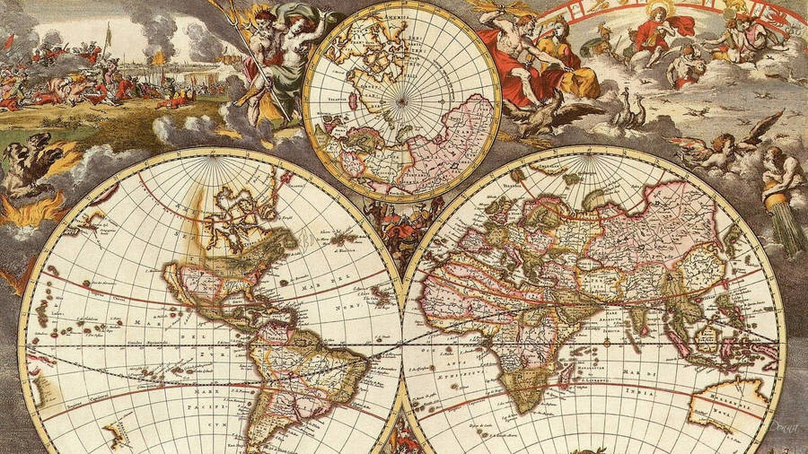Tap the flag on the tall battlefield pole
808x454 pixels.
click(x=109, y=33)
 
